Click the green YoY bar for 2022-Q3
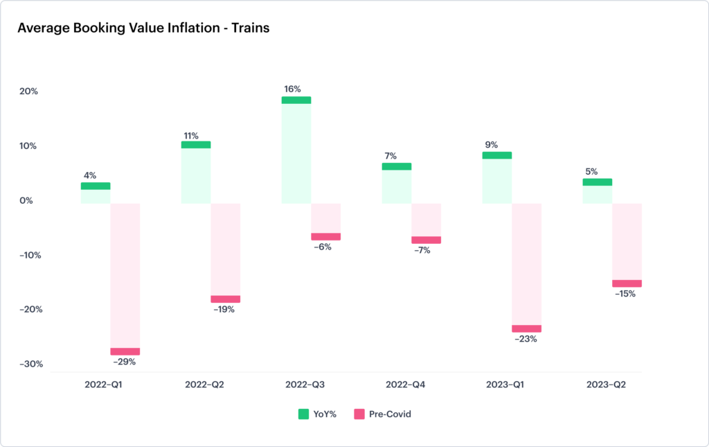pyautogui.click(x=296, y=149)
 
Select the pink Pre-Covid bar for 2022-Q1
pyautogui.click(x=125, y=277)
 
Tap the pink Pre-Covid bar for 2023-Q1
pyautogui.click(x=526, y=267)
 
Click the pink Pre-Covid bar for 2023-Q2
pyautogui.click(x=627, y=245)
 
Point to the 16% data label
pyautogui.click(x=292, y=89)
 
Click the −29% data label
pyautogui.click(x=124, y=362)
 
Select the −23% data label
pyautogui.click(x=526, y=339)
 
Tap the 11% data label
pyautogui.click(x=190, y=136)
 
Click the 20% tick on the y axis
pyautogui.click(x=28, y=91)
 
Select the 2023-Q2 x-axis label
pyautogui.click(x=606, y=384)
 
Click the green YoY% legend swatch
pyautogui.click(x=303, y=414)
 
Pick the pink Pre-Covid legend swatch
pyautogui.click(x=359, y=414)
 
